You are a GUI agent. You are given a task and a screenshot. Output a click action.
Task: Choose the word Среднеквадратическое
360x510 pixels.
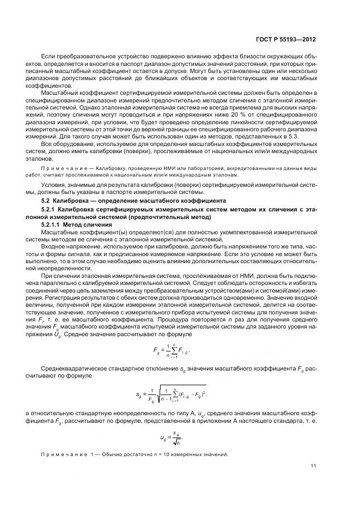(x=77, y=370)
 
